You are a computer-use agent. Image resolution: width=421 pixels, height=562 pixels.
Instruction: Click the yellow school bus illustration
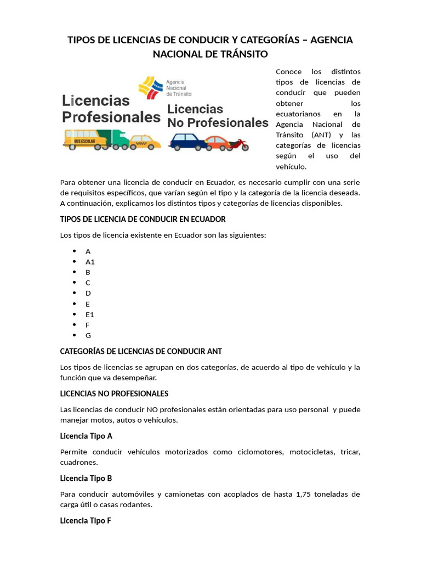point(86,139)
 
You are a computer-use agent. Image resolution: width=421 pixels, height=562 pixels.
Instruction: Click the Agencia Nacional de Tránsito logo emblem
point(151,86)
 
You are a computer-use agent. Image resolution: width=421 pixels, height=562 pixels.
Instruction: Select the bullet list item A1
point(90,262)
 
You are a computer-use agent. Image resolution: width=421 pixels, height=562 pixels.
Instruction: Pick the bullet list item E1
point(90,314)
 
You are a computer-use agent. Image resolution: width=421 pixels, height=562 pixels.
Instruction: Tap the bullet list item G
point(88,335)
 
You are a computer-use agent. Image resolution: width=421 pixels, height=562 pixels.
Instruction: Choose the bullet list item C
point(88,283)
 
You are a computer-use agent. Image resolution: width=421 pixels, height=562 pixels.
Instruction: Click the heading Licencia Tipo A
point(86,436)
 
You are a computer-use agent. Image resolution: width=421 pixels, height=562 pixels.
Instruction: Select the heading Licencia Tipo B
point(86,478)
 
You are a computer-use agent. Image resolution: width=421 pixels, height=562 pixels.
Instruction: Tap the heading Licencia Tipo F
point(86,520)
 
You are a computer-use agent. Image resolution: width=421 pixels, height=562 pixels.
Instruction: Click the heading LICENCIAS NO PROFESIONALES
point(114,394)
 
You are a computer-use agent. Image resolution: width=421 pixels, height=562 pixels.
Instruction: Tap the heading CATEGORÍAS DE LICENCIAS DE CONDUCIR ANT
point(141,351)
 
